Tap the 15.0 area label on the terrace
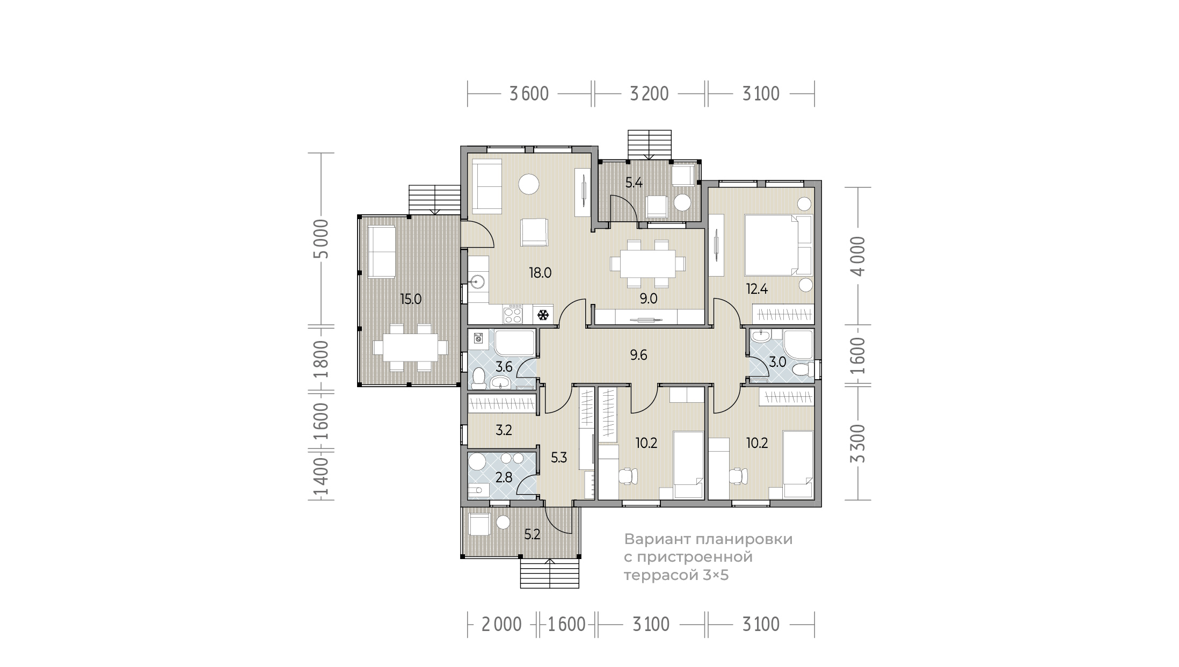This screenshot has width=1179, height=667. click(411, 299)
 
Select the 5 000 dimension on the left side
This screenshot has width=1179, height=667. click(321, 239)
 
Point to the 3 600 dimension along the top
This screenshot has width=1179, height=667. click(529, 94)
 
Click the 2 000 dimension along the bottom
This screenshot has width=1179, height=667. click(501, 625)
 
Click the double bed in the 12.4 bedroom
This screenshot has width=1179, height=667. click(778, 245)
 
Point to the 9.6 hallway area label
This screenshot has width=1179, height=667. click(638, 355)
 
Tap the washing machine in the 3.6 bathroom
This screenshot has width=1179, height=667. click(479, 338)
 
